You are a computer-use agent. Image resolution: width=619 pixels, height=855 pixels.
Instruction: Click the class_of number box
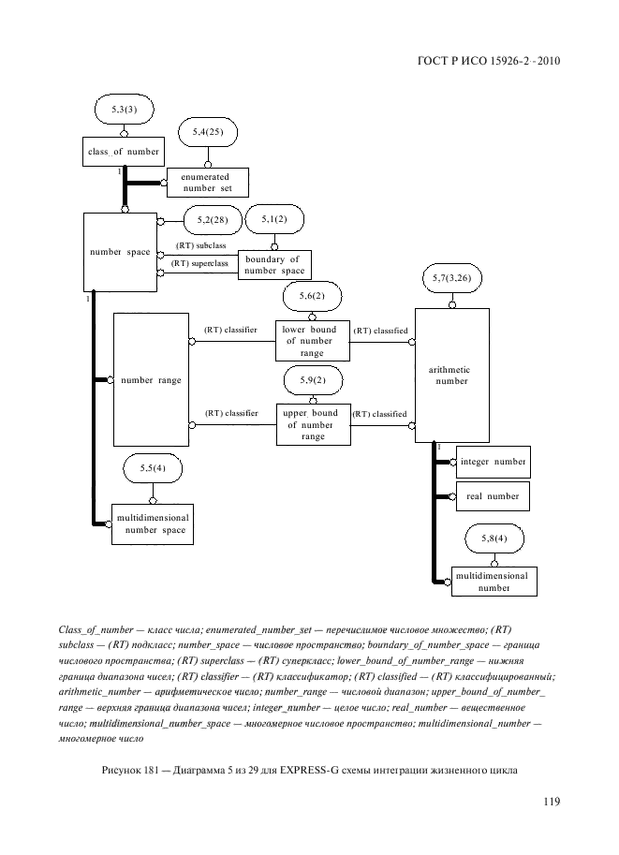point(124,152)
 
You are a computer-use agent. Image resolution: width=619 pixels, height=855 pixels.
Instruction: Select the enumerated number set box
point(207,182)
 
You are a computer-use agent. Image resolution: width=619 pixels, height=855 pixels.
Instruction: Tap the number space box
point(119,252)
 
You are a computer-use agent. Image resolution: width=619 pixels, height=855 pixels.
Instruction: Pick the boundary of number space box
point(274,265)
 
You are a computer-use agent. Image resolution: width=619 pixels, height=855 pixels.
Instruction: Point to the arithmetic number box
point(452,375)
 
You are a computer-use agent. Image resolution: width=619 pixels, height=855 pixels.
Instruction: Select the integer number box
point(493,463)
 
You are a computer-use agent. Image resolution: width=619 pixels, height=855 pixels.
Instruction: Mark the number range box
point(150,380)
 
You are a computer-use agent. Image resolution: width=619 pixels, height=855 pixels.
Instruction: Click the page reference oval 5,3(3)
point(124,111)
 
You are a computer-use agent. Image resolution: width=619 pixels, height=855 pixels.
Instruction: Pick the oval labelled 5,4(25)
point(207,133)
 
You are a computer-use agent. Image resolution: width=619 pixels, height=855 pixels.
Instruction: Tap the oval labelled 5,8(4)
point(493,539)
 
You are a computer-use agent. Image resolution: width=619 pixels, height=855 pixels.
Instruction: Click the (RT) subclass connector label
point(201,245)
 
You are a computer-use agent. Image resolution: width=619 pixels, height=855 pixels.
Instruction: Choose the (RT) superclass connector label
point(201,263)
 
